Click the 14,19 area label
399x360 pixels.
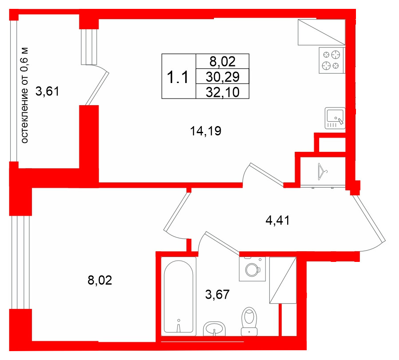205,131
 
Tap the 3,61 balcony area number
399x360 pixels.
47,91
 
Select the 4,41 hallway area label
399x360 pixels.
277,220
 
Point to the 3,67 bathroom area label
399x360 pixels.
217,294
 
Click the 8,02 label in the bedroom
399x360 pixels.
100,281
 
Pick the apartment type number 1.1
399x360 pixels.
178,77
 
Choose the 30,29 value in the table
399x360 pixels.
222,77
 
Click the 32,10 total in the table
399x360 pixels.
222,92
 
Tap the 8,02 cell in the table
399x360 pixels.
222,62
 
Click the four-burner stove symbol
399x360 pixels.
332,60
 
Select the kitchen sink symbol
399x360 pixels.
335,118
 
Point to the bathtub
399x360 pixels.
178,297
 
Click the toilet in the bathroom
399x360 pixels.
249,321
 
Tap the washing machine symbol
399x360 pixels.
253,269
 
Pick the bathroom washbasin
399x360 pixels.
214,328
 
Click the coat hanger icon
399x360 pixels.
322,172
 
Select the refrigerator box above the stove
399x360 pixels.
321,32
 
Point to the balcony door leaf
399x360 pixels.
97,88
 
